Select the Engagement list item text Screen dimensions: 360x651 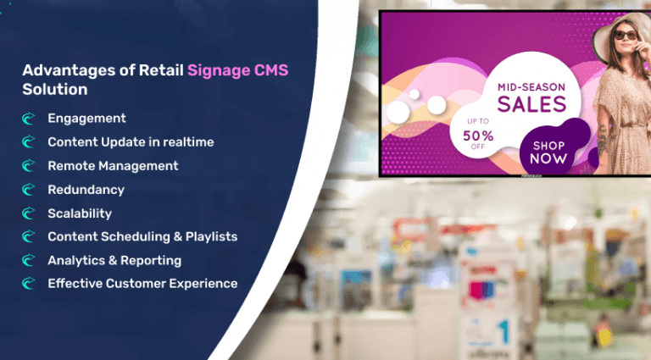coord(86,119)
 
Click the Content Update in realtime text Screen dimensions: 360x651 coord(131,142)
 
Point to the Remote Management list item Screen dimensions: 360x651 coord(113,166)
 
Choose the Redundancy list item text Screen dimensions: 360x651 coord(86,190)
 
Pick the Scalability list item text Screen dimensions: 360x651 coord(80,213)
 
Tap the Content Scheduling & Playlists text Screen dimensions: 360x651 coord(142,236)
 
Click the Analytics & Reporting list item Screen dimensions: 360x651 coord(114,260)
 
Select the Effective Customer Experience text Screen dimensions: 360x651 coord(142,284)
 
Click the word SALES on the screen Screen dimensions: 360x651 coord(531,104)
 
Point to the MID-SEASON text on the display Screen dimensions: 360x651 coord(531,86)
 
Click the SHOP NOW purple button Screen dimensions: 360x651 coord(548,152)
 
